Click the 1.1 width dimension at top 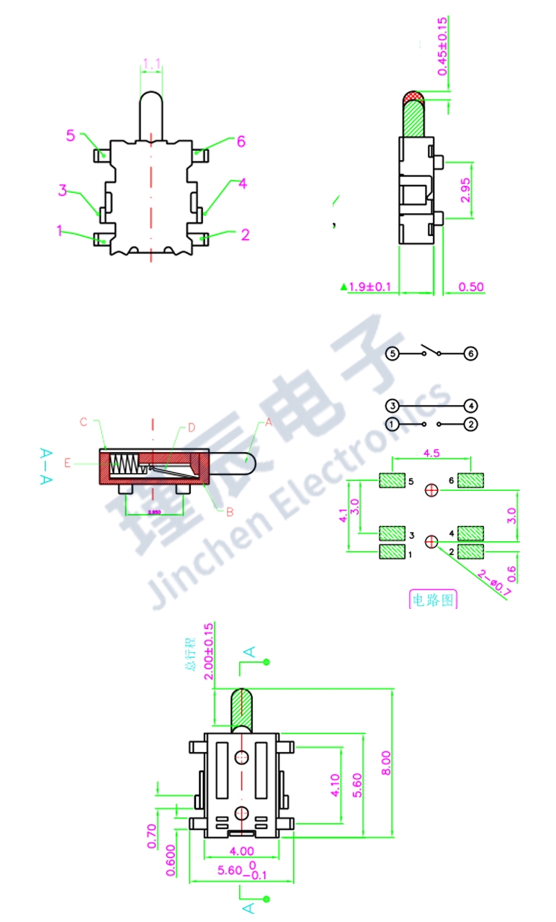pos(151,64)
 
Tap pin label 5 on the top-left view pos(71,135)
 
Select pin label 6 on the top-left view pos(241,141)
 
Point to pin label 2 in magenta pos(245,234)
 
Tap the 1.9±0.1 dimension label pos(369,287)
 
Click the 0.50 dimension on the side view pos(471,287)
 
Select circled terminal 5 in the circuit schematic pos(392,353)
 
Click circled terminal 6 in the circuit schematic pos(470,353)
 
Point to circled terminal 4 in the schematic pos(470,406)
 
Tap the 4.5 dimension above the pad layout pos(431,453)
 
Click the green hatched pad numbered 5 pos(393,480)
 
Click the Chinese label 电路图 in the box pos(433,600)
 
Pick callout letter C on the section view pos(84,422)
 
